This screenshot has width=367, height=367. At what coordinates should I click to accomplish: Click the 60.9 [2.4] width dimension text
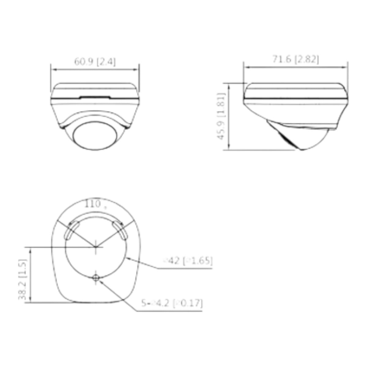pyautogui.click(x=95, y=62)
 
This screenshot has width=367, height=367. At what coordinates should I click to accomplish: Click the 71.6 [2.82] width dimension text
pyautogui.click(x=295, y=60)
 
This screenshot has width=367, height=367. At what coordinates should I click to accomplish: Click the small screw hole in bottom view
pyautogui.click(x=96, y=278)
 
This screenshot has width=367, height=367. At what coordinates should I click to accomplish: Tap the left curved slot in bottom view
pyautogui.click(x=69, y=230)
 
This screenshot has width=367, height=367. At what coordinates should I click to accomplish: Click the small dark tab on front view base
pyautogui.click(x=95, y=98)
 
